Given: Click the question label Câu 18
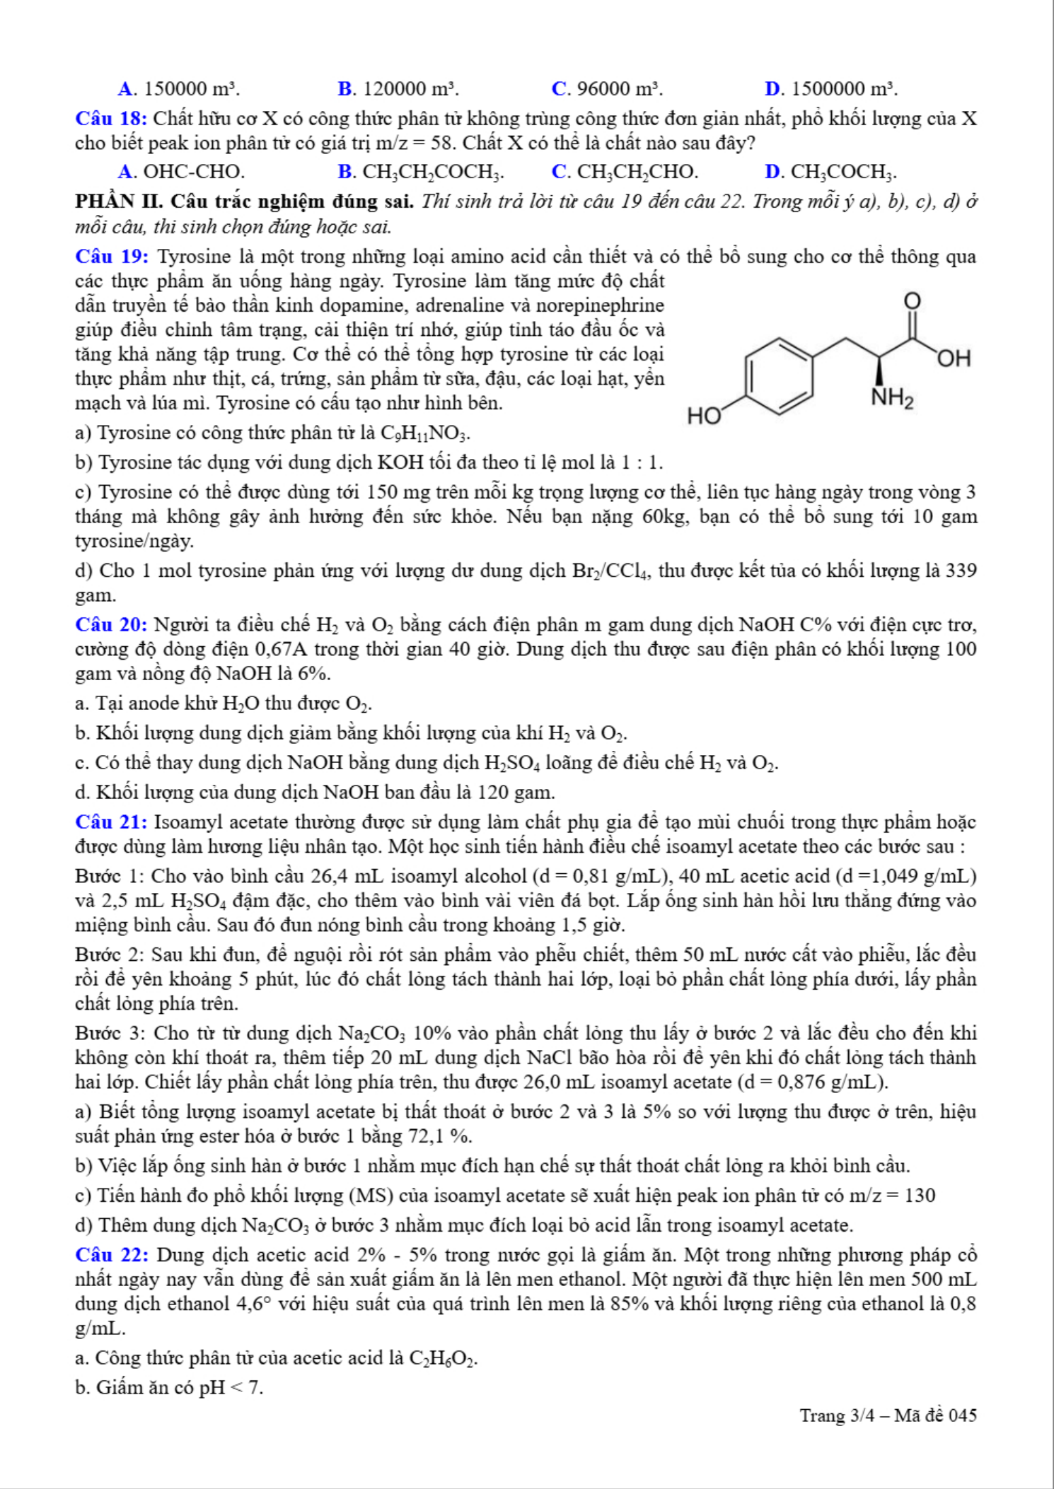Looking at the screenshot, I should point(111,119).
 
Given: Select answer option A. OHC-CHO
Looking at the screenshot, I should point(182,172).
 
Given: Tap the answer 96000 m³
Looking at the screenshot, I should point(607,89).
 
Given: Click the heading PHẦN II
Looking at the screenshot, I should point(120,202).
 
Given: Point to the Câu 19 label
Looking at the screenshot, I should point(112,256).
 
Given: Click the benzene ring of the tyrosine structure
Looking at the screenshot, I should point(779,376).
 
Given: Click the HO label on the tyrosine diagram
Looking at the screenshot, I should point(704,416).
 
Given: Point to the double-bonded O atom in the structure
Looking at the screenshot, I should point(912,302).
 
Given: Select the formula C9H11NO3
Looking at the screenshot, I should point(424,433).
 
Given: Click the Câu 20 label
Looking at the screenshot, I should point(111,625).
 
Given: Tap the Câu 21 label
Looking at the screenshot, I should point(111,822).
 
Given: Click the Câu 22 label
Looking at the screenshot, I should point(112,1255).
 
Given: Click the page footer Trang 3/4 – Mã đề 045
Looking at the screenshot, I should point(888,1415).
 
